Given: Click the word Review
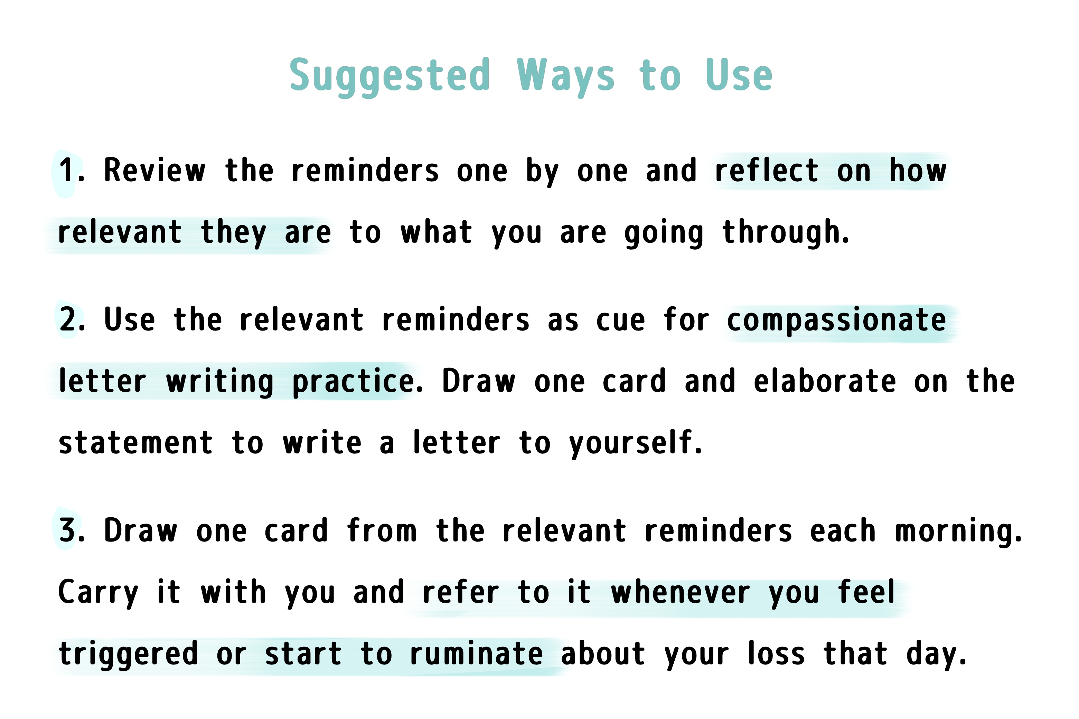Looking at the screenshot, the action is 155,170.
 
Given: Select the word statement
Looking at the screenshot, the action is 136,443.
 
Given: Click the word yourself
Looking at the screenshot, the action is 635,444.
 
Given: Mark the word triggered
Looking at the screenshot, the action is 129,654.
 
